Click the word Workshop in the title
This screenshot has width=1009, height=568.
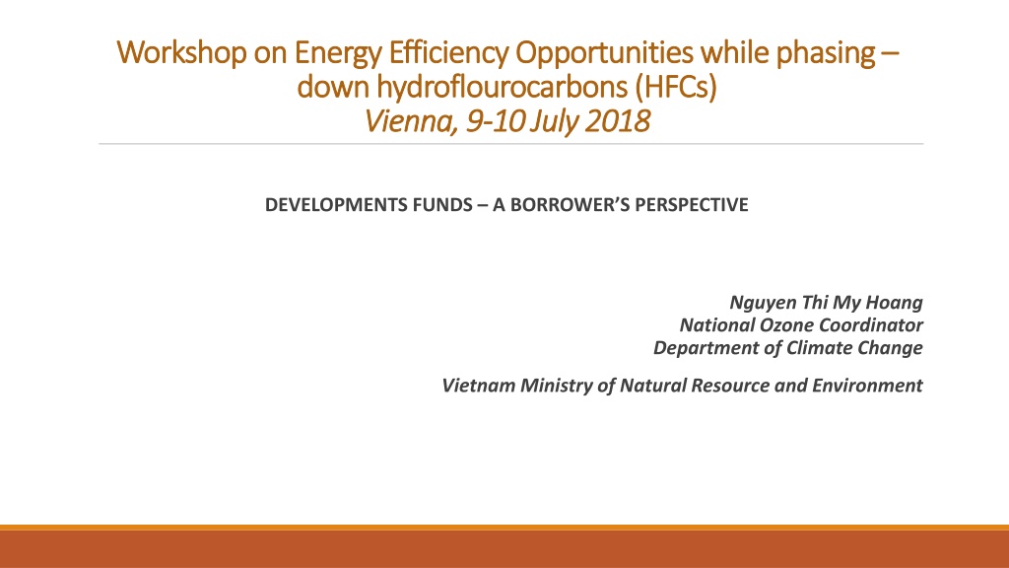coord(181,53)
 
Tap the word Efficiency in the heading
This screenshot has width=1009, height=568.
coord(448,53)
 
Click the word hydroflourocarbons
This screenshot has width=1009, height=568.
coord(502,87)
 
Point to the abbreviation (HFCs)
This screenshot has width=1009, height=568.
coord(676,87)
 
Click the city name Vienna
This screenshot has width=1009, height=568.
coord(411,121)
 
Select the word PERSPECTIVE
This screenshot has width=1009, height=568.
coord(692,205)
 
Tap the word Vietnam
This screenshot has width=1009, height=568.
coord(478,386)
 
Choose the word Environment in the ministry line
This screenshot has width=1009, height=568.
coord(867,386)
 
